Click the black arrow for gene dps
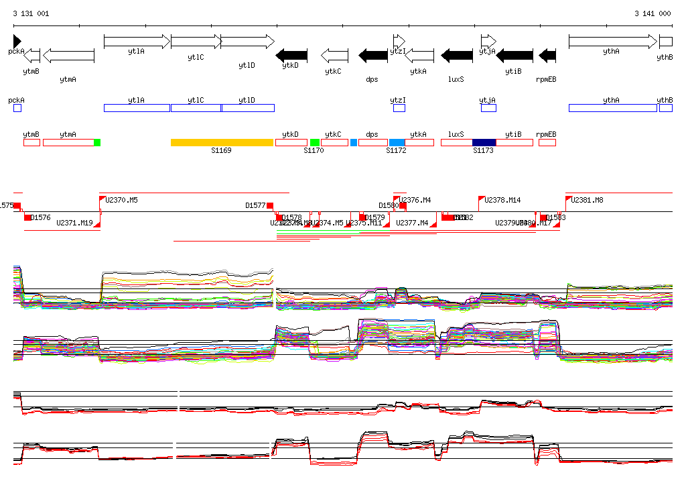pyautogui.click(x=374, y=55)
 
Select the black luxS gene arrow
pyautogui.click(x=456, y=55)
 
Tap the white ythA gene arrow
pyautogui.click(x=612, y=42)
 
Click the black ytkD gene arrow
pyautogui.click(x=292, y=55)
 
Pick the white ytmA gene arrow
pyautogui.click(x=68, y=55)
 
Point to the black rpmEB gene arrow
pyautogui.click(x=547, y=55)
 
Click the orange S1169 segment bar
pyautogui.click(x=222, y=142)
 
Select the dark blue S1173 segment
pyautogui.click(x=484, y=142)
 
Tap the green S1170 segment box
pyautogui.click(x=315, y=142)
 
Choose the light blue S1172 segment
pyautogui.click(x=397, y=142)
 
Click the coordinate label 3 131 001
pyautogui.click(x=31, y=13)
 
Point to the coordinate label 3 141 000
pyautogui.click(x=653, y=13)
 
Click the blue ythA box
pyautogui.click(x=612, y=108)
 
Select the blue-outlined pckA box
pyautogui.click(x=17, y=108)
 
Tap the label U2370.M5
pyautogui.click(x=122, y=200)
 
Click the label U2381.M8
pyautogui.click(x=587, y=200)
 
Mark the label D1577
pyautogui.click(x=255, y=205)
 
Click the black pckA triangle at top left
pyautogui.click(x=17, y=42)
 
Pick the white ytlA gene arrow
pyautogui.click(x=137, y=42)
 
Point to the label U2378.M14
pyautogui.click(x=502, y=200)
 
